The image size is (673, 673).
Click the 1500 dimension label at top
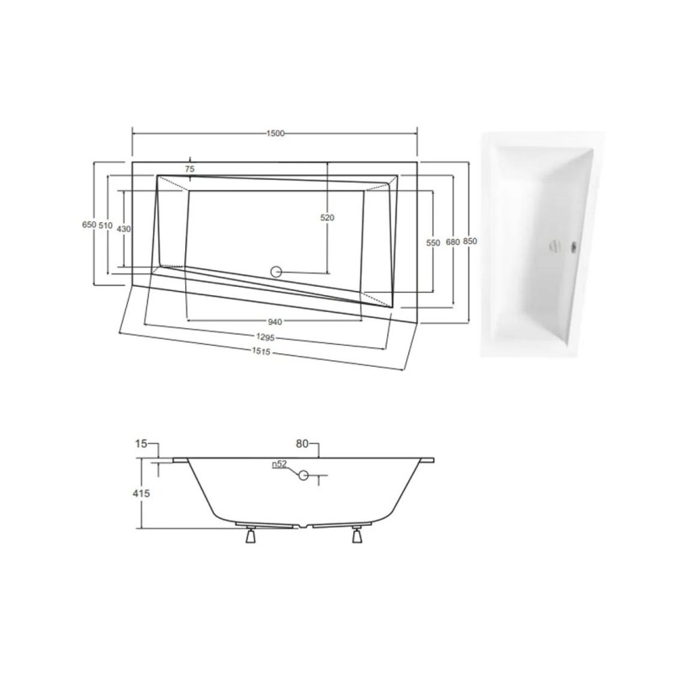(275, 134)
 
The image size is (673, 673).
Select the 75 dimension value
(190, 169)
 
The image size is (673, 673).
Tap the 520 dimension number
(327, 218)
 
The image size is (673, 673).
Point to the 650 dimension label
(89, 225)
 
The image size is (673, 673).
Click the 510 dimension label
(106, 225)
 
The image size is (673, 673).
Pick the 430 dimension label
(124, 229)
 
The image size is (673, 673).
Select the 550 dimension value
(433, 243)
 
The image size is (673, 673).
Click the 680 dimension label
(453, 242)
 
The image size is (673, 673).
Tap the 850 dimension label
(470, 241)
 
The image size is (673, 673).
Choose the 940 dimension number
(275, 321)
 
